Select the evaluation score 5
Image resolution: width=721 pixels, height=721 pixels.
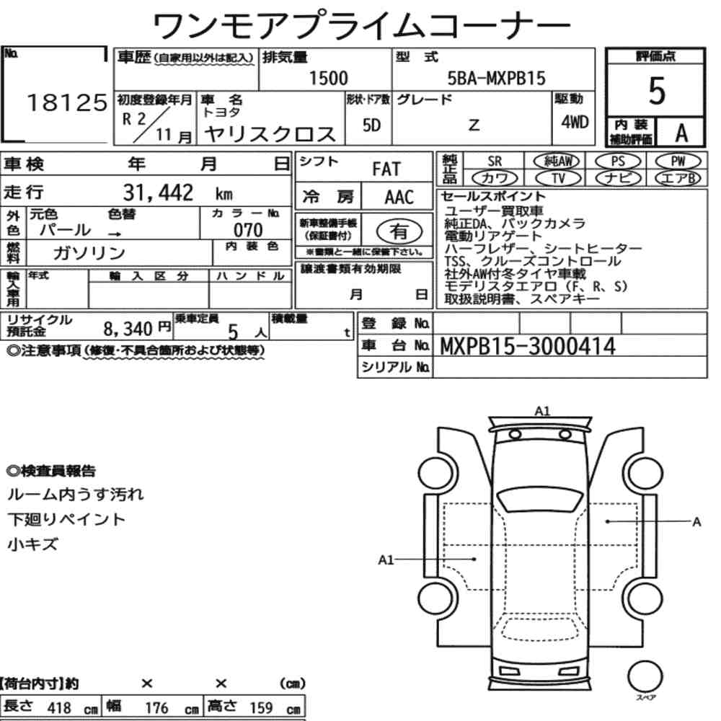pyautogui.click(x=656, y=90)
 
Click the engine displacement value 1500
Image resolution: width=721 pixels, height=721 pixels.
pyautogui.click(x=328, y=79)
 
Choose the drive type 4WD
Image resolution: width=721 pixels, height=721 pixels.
pyautogui.click(x=574, y=123)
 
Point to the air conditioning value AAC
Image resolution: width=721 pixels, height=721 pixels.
pyautogui.click(x=399, y=197)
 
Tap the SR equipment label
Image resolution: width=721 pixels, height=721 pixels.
pyautogui.click(x=495, y=161)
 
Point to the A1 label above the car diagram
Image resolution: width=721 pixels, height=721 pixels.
pyautogui.click(x=543, y=410)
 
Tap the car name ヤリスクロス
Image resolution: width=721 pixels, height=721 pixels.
pyautogui.click(x=270, y=133)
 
